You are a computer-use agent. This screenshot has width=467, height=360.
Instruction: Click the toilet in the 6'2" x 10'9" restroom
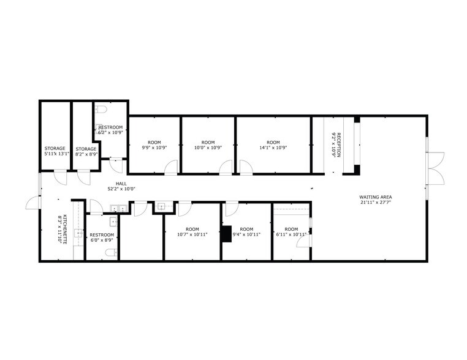(102, 110)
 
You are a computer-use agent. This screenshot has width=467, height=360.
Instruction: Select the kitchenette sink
(78, 233)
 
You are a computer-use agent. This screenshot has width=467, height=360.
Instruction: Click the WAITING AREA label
(374, 197)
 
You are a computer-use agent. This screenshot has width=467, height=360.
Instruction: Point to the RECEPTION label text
(338, 144)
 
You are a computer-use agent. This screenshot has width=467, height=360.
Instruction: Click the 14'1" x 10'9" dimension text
(273, 148)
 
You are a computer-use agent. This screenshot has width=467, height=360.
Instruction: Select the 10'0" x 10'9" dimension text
(208, 148)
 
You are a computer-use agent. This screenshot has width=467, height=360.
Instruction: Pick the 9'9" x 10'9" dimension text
(154, 148)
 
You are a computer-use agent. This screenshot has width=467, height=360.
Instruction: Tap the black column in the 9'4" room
(227, 233)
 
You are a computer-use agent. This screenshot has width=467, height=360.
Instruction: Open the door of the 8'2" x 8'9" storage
(83, 178)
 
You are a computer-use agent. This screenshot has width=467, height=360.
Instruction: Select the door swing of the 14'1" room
(245, 167)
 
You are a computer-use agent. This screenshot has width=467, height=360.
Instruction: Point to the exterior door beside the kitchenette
(32, 204)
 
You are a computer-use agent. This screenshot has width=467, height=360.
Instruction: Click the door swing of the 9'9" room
(171, 167)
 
